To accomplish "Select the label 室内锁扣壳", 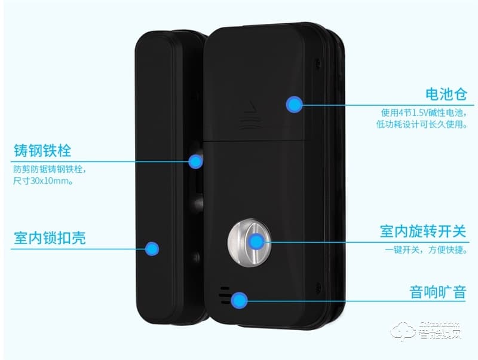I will (50, 238).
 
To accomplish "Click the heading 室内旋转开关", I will (422, 231).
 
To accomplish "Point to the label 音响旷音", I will (437, 292).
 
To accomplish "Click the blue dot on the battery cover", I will (294, 104).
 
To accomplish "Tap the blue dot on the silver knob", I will (256, 242).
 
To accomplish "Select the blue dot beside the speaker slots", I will (240, 300).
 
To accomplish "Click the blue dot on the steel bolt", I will (195, 161).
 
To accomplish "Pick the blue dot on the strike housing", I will (152, 248).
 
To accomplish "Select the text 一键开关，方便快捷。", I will (423, 251).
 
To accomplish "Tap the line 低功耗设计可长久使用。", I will (421, 126).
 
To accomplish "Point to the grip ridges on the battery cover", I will (249, 124).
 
